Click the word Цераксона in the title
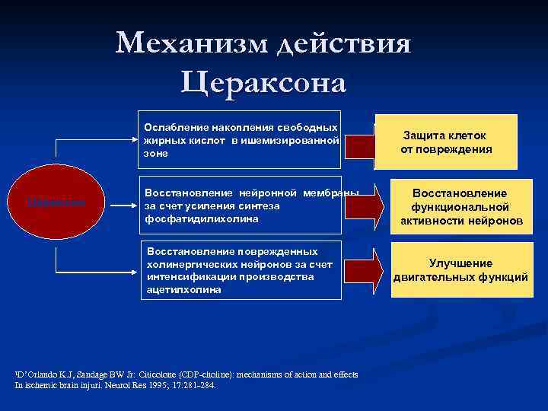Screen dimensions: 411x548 tap(263, 81)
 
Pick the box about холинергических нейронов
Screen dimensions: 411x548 tap(241, 270)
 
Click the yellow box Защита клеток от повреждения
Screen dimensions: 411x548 tap(447, 142)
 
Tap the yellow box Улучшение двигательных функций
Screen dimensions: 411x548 tap(460, 270)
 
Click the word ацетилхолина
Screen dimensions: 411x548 tap(183, 290)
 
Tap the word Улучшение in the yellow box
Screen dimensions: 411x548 tap(460, 263)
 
